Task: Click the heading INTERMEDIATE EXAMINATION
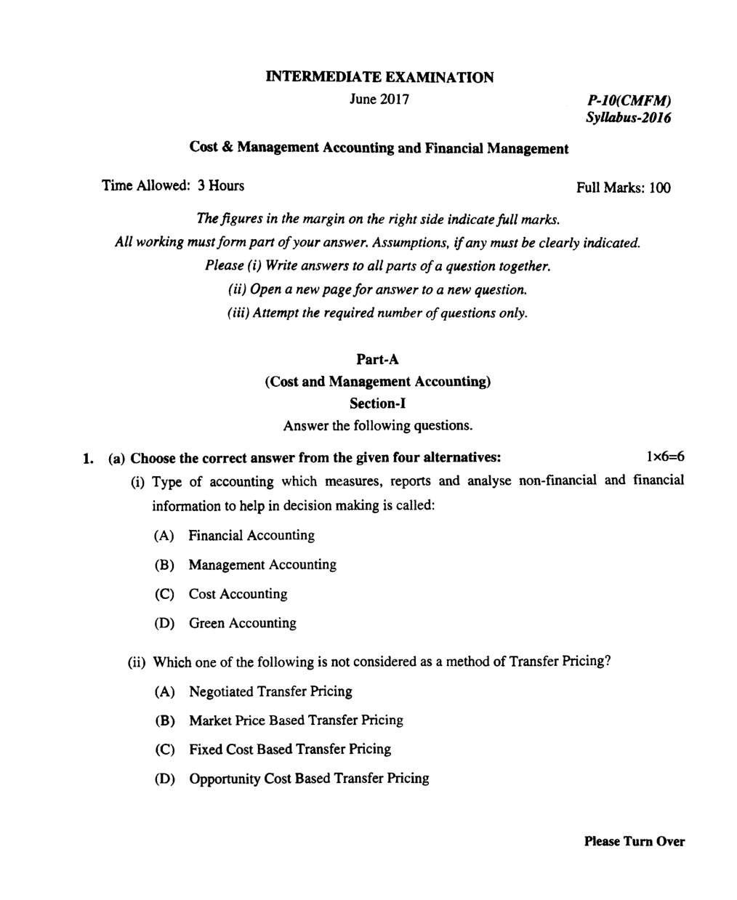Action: click(x=379, y=77)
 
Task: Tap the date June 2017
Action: click(x=379, y=98)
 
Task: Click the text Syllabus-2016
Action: click(x=628, y=117)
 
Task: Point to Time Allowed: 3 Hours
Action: click(x=173, y=185)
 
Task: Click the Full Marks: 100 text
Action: click(x=623, y=188)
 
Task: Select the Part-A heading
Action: click(x=378, y=359)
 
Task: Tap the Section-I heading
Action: click(x=377, y=403)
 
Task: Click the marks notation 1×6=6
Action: click(x=664, y=457)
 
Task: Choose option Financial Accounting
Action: click(x=251, y=536)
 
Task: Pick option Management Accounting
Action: click(x=262, y=565)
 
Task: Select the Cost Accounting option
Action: click(x=238, y=594)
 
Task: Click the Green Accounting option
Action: click(x=242, y=623)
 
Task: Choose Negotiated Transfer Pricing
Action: click(x=270, y=691)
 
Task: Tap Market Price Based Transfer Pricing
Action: click(x=296, y=720)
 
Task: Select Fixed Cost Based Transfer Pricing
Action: click(x=289, y=749)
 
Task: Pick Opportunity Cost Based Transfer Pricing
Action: click(x=309, y=779)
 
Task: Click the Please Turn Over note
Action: click(x=634, y=841)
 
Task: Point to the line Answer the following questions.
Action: click(x=377, y=425)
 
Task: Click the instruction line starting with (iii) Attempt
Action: click(x=373, y=313)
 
